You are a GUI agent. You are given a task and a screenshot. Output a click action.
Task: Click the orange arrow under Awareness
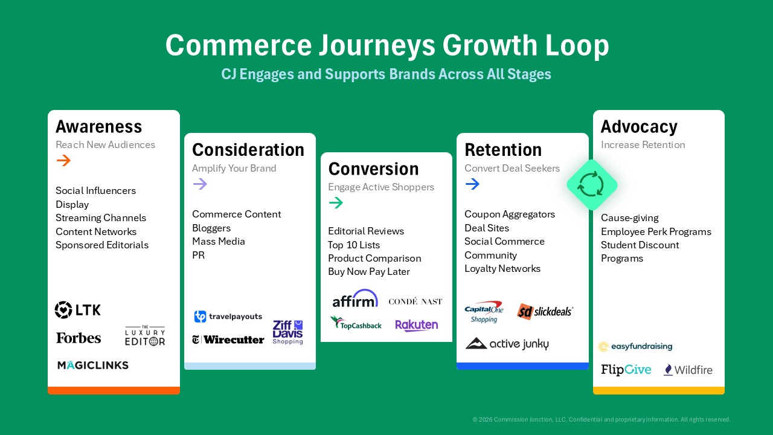pyautogui.click(x=63, y=160)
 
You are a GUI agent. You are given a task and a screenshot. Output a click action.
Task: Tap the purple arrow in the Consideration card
pyautogui.click(x=200, y=184)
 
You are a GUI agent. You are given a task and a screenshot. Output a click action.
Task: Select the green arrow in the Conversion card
pyautogui.click(x=336, y=202)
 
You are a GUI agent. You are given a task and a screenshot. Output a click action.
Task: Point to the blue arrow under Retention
pyautogui.click(x=472, y=184)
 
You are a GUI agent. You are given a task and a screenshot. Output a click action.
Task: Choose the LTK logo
pyautogui.click(x=78, y=310)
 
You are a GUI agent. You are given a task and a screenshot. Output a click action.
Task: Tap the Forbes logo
pyautogui.click(x=79, y=338)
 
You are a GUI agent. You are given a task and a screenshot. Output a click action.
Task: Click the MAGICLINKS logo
pyautogui.click(x=93, y=365)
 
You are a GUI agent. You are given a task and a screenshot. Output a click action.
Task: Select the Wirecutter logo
pyautogui.click(x=228, y=340)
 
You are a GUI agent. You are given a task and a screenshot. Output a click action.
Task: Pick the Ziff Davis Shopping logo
pyautogui.click(x=288, y=332)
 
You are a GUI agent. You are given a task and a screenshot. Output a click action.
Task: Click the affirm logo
pyautogui.click(x=355, y=298)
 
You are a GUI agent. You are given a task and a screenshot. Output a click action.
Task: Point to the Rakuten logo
pyautogui.click(x=417, y=325)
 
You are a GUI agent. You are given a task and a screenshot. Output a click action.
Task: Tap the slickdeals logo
pyautogui.click(x=545, y=311)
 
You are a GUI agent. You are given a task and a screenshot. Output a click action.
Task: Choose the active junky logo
pyautogui.click(x=507, y=344)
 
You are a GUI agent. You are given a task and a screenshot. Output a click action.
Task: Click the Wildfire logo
pyautogui.click(x=688, y=370)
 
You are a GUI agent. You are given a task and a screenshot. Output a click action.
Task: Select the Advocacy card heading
pyautogui.click(x=639, y=127)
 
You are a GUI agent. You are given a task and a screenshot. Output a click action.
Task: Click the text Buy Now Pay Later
pyautogui.click(x=369, y=272)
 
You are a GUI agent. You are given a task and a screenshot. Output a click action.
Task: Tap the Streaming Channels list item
pyautogui.click(x=101, y=218)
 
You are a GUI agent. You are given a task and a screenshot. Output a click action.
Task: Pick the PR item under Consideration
pyautogui.click(x=199, y=255)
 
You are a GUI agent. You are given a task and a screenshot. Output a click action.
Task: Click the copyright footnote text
pyautogui.click(x=601, y=419)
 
